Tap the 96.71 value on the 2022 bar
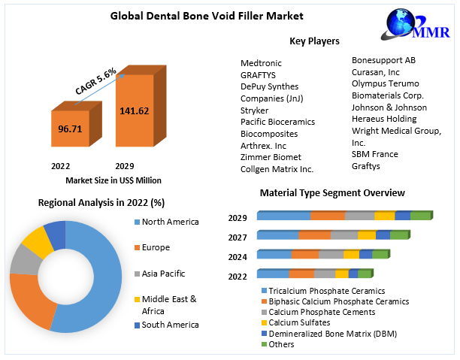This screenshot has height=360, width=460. (x=70, y=129)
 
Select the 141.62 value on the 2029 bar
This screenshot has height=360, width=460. (x=134, y=111)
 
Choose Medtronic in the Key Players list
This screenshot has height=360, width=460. (x=261, y=62)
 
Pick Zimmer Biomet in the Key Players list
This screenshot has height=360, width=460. (x=271, y=157)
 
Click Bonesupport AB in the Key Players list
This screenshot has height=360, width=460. (x=383, y=59)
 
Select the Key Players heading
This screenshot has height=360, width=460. (x=314, y=41)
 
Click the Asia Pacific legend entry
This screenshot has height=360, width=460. (x=163, y=274)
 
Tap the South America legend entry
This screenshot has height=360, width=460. (x=170, y=325)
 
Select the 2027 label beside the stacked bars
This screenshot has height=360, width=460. (x=238, y=237)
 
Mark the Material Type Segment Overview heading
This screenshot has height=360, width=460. (x=332, y=193)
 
